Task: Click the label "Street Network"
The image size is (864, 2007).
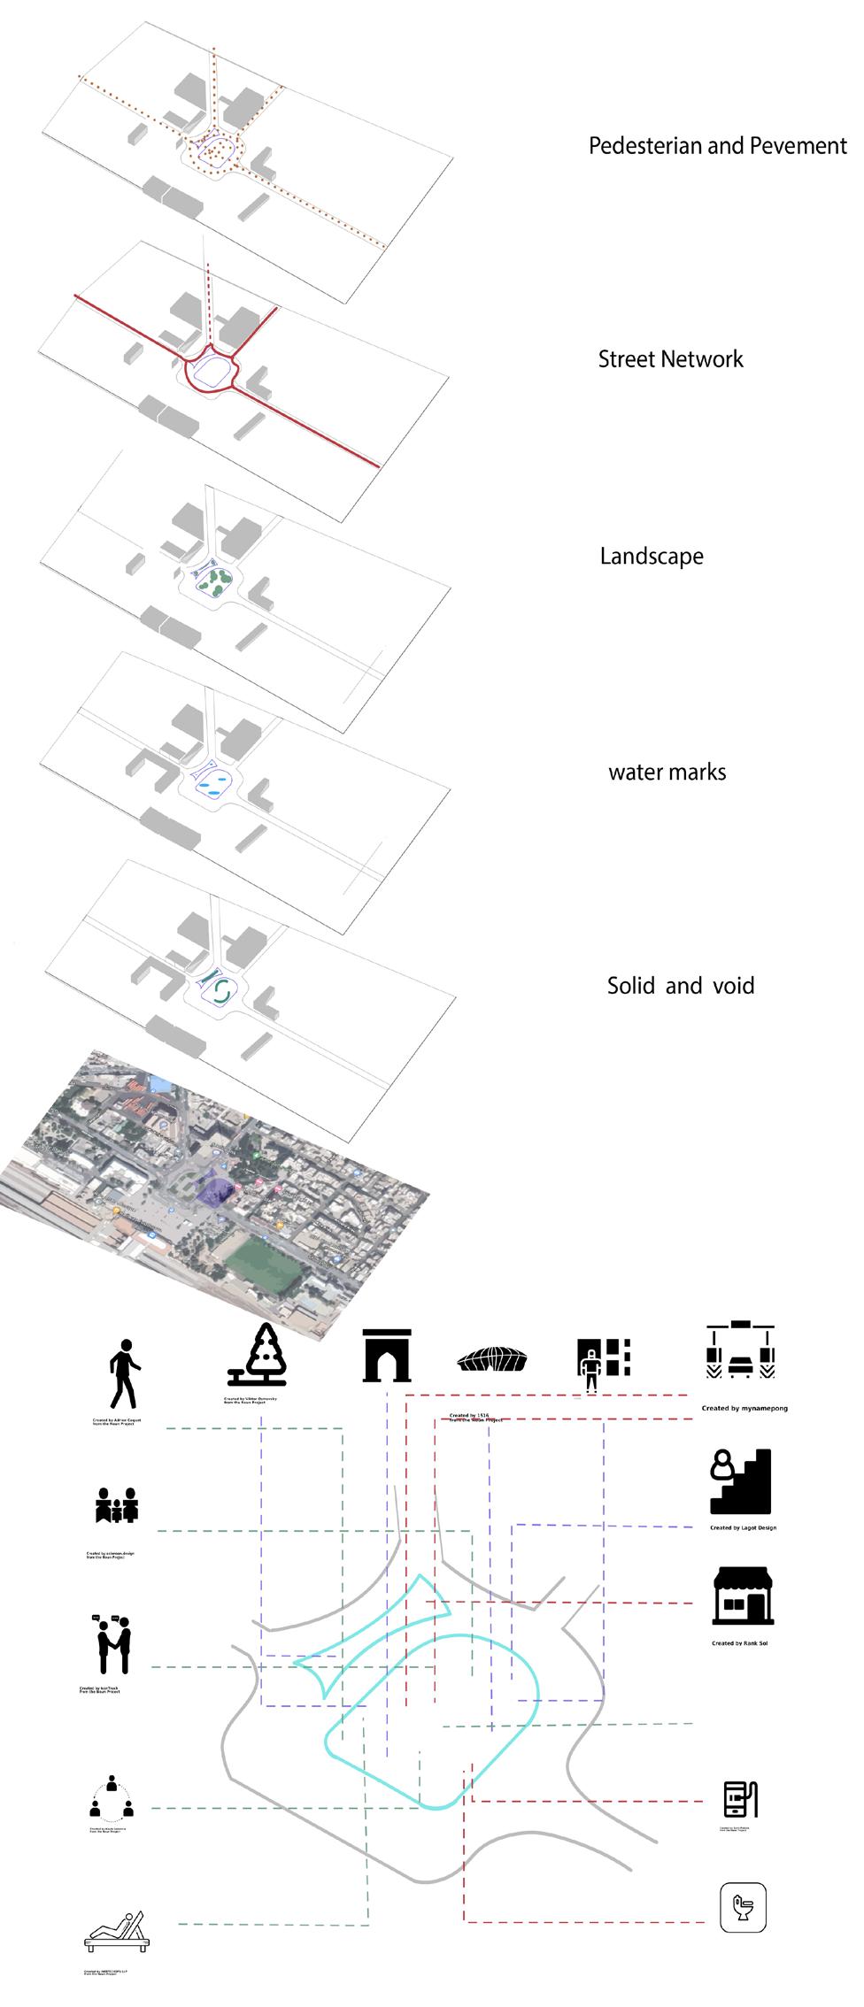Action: point(670,359)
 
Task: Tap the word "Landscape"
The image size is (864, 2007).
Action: point(652,557)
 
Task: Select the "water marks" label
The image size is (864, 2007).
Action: point(667,773)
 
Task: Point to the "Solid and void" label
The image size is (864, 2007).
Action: point(680,986)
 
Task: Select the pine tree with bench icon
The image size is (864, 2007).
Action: point(259,1356)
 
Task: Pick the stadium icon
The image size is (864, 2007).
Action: point(493,1359)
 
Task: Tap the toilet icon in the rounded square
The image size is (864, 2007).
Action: point(742,1906)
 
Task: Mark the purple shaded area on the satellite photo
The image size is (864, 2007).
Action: point(213,1187)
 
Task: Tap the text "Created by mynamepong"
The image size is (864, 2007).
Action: point(744,1408)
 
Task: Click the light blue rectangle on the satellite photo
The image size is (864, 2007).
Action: point(159,1083)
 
